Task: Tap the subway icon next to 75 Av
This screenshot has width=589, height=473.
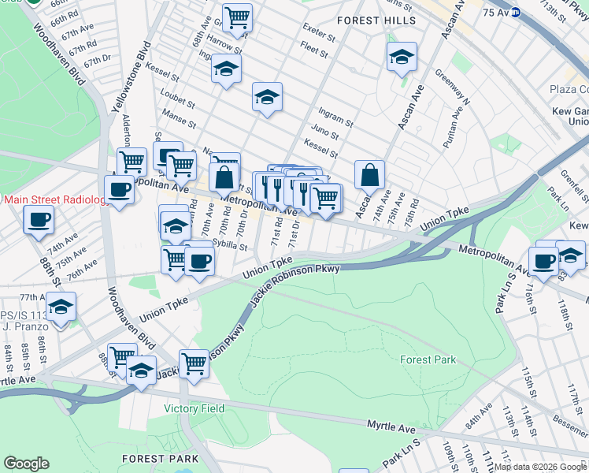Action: (515, 12)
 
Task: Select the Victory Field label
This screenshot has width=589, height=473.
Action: (194, 408)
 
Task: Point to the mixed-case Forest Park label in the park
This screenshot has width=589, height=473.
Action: (428, 359)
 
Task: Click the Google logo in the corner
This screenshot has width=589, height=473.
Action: (26, 464)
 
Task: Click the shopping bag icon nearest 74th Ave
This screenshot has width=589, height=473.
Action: (369, 175)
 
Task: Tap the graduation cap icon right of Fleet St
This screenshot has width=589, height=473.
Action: (402, 57)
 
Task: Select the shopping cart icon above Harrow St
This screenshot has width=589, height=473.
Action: (237, 15)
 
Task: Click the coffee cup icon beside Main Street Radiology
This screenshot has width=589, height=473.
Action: (120, 190)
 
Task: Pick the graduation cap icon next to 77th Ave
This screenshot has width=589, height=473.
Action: (61, 306)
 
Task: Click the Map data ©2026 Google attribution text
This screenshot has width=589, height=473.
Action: (540, 467)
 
